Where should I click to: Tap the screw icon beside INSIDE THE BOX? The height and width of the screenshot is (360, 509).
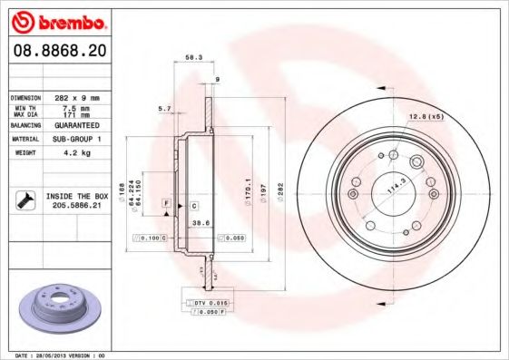pos(27,200)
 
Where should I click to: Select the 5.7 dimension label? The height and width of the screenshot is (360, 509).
pos(164,109)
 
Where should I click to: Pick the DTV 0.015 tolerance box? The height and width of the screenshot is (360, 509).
pos(209,301)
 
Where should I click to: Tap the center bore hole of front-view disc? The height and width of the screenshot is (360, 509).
pos(392,191)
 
